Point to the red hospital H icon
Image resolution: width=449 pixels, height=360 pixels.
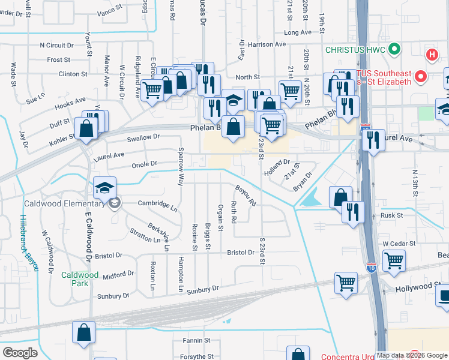[x=431, y=55]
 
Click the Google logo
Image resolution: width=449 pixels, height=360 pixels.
[x=20, y=353]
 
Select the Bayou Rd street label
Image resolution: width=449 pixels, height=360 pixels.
[x=246, y=196]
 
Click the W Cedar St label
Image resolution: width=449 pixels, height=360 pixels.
[x=399, y=243]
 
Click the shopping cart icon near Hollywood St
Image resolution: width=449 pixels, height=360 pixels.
[x=346, y=283]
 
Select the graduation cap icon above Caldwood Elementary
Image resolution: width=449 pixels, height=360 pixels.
[x=104, y=188]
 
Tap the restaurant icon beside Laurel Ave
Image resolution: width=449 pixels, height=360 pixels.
[x=373, y=140]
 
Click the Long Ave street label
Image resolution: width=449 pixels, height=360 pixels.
[x=298, y=32]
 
